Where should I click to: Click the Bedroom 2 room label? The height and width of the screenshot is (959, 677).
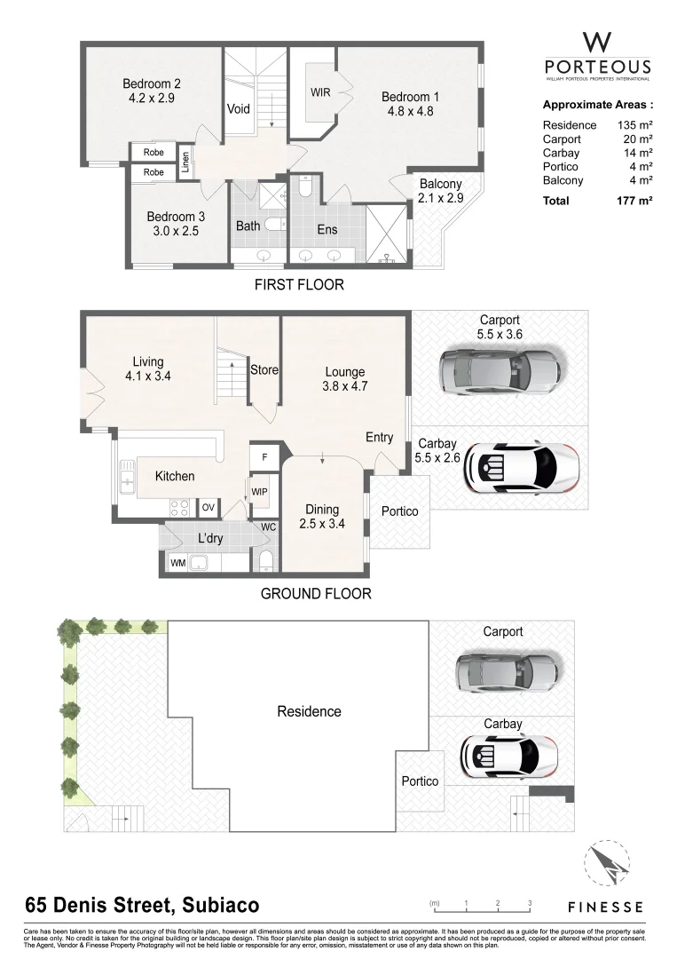click(152, 91)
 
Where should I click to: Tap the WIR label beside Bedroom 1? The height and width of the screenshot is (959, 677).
click(320, 92)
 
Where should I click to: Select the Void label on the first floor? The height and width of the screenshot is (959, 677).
click(239, 109)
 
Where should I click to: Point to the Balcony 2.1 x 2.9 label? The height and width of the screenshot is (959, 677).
click(440, 191)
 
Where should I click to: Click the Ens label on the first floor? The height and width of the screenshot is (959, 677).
click(327, 228)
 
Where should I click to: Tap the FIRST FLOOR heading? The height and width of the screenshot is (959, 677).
click(298, 285)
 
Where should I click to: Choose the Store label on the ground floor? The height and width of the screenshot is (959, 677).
click(264, 370)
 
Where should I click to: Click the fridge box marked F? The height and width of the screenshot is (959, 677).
click(264, 456)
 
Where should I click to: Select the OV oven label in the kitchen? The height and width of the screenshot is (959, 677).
click(208, 507)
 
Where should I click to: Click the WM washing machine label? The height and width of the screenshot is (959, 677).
click(178, 562)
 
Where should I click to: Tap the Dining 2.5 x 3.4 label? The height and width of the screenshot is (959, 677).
click(322, 516)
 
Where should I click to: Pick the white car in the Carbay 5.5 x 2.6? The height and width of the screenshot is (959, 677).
click(522, 468)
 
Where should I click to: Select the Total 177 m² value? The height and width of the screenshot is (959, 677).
click(634, 201)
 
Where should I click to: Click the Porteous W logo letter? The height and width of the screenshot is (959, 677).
click(596, 42)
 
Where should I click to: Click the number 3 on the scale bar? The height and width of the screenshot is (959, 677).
click(530, 903)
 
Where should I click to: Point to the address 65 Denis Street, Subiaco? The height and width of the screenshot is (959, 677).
click(142, 905)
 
